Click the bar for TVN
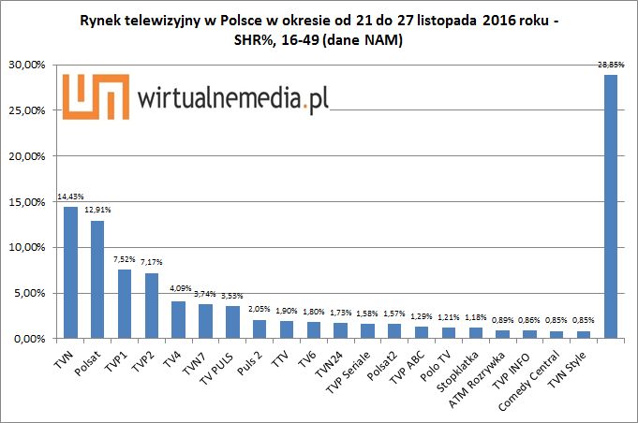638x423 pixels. pyautogui.click(x=70, y=272)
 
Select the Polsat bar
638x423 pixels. pyautogui.click(x=97, y=279)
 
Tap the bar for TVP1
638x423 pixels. pyautogui.click(x=125, y=303)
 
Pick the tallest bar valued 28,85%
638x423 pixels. pyautogui.click(x=610, y=206)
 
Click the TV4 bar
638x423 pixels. pyautogui.click(x=178, y=319)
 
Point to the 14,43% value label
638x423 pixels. pyautogui.click(x=70, y=197)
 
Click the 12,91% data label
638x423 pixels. pyautogui.click(x=97, y=211)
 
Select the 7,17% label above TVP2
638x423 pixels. pyautogui.click(x=152, y=263)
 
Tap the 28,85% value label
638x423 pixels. pyautogui.click(x=610, y=65)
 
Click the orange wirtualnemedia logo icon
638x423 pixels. pyautogui.click(x=90, y=95)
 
